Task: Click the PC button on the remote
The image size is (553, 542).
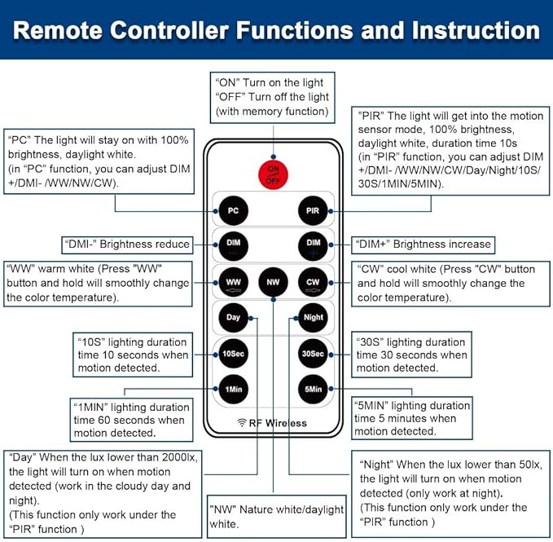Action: (233, 210)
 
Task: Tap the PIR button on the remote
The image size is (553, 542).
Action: (314, 210)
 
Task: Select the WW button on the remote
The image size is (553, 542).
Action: (233, 283)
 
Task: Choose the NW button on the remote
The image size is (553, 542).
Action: (272, 283)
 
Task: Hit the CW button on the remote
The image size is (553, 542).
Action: (314, 283)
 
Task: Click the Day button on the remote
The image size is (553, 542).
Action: (233, 317)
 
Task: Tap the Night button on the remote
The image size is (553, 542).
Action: (314, 317)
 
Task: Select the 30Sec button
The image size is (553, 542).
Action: (314, 353)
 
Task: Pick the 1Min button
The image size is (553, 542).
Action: (233, 389)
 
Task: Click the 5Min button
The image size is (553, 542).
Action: (314, 389)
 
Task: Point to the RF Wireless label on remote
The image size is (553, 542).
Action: (272, 423)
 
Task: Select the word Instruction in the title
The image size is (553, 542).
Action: (467, 31)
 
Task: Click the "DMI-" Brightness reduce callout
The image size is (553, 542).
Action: (126, 244)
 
